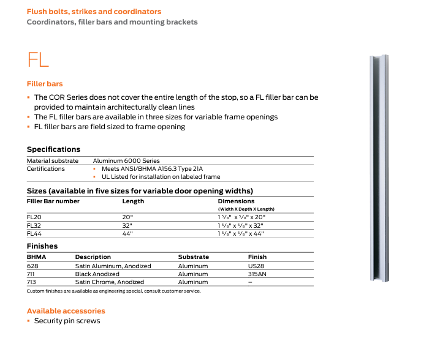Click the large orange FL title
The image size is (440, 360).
38,59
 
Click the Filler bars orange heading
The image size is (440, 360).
45,84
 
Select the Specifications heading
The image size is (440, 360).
53,149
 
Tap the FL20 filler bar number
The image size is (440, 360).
34,217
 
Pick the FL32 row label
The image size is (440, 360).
34,225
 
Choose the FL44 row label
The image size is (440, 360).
34,233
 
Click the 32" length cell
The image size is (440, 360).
128,225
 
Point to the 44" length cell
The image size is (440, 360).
128,233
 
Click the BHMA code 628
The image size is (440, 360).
32,266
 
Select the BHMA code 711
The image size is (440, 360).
32,274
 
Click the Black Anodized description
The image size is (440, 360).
97,274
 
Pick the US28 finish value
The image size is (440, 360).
256,266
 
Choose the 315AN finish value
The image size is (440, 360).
257,274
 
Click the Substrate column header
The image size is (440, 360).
193,257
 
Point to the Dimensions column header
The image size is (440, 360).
236,201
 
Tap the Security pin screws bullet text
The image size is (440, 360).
67,321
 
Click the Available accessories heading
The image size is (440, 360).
66,311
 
